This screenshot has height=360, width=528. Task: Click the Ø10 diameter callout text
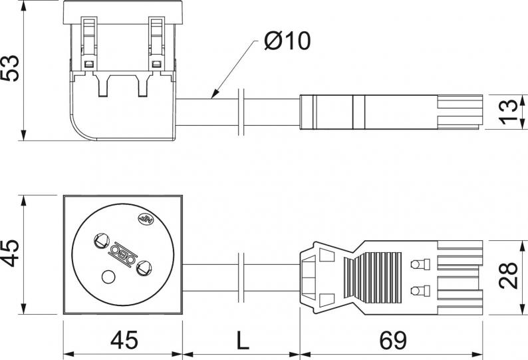tap(287, 41)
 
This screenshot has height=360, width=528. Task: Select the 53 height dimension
tap(10, 68)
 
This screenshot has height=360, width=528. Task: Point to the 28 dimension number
tap(508, 275)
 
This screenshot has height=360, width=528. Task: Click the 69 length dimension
tap(393, 340)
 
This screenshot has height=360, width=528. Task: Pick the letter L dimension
tap(243, 341)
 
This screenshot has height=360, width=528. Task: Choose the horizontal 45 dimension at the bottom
tap(124, 340)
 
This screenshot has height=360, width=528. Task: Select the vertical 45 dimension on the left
tap(10, 253)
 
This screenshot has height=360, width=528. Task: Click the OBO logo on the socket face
tap(123, 254)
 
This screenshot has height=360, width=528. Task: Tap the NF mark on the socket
tap(146, 219)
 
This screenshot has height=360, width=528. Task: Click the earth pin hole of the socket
tap(108, 277)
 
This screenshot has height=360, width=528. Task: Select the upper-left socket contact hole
tap(101, 241)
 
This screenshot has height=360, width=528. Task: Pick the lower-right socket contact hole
tap(144, 268)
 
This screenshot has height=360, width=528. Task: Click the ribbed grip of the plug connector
tap(373, 277)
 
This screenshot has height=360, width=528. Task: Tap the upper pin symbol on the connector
tap(420, 264)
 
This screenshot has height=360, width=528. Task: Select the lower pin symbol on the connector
tap(420, 291)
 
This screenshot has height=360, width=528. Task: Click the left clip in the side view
tap(89, 44)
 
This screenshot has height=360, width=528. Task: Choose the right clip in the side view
tap(156, 44)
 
